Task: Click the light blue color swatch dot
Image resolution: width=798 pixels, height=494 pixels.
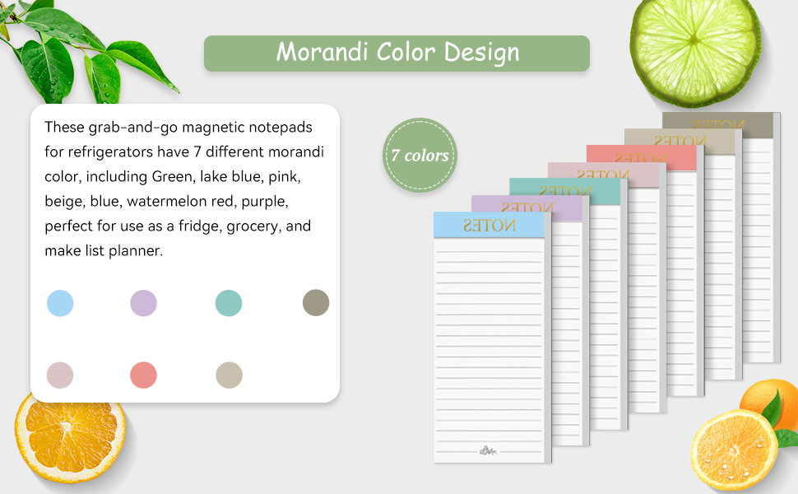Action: coord(60,303)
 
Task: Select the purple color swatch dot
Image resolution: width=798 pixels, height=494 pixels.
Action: coord(143,303)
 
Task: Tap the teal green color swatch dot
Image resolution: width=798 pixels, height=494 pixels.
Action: coord(228,303)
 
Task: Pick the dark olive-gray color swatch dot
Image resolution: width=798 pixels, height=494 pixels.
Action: coord(316,302)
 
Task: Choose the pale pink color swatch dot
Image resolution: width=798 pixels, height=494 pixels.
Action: coord(60,375)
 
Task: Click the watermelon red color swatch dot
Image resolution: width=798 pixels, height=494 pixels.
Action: coord(143,375)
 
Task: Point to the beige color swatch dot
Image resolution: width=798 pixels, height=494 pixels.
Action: coord(229,375)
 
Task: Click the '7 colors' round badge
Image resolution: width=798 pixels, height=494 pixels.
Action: coord(420,156)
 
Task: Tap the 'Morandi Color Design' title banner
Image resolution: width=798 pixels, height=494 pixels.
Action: coord(397,53)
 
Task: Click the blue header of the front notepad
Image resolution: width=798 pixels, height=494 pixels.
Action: coord(489,225)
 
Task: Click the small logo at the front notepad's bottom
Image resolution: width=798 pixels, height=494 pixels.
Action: coord(489,450)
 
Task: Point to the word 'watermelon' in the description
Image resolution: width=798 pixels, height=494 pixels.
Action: coord(191,202)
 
